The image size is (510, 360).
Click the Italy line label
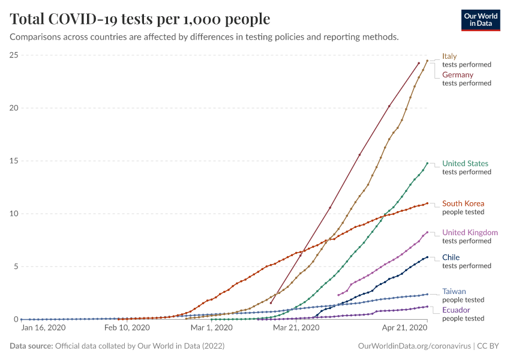click(x=449, y=56)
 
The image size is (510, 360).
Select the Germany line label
click(x=458, y=75)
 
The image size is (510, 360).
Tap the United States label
click(x=465, y=164)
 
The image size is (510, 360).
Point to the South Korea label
click(x=463, y=203)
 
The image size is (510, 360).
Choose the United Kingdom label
click(x=470, y=233)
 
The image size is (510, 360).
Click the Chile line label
click(x=451, y=257)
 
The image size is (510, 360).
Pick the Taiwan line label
click(x=453, y=291)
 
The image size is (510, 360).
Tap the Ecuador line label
click(x=455, y=310)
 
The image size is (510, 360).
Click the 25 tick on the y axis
click(x=13, y=55)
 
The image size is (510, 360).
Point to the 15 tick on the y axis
click(x=13, y=161)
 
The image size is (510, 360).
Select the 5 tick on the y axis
click(x=15, y=266)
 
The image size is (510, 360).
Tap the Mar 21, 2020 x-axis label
click(x=295, y=328)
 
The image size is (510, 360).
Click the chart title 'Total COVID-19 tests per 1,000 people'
click(x=140, y=19)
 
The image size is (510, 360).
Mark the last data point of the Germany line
click(x=419, y=63)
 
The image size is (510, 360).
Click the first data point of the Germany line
click(x=271, y=303)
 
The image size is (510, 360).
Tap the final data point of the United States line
click(x=427, y=163)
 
